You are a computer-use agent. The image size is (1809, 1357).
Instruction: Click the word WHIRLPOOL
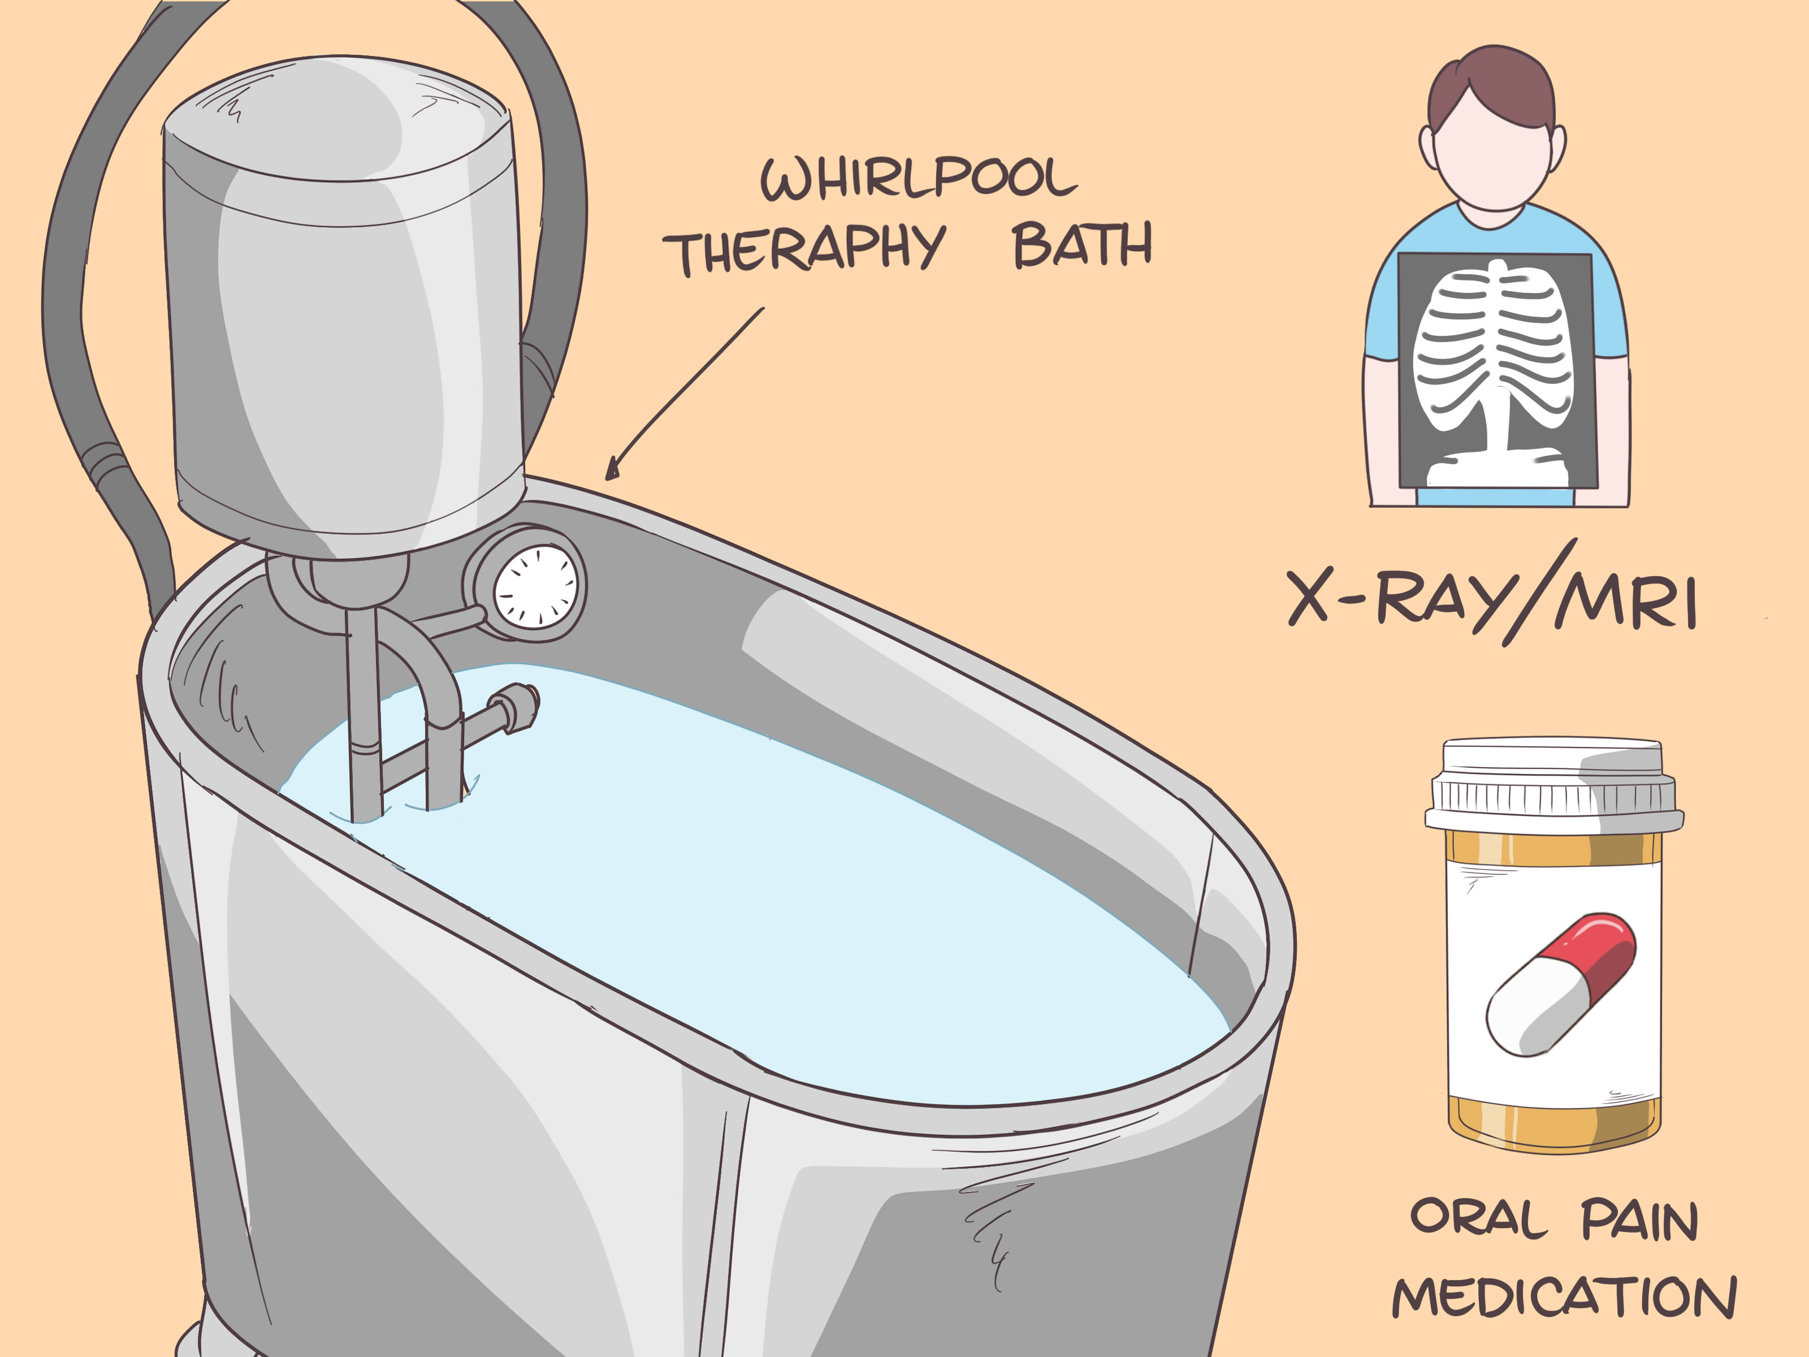(918, 178)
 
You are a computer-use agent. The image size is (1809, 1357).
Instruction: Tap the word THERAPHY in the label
(803, 249)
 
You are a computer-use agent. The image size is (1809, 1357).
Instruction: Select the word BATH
(1081, 245)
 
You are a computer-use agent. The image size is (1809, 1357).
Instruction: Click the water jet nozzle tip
(523, 706)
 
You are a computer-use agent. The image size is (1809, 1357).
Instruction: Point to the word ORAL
(1479, 1220)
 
